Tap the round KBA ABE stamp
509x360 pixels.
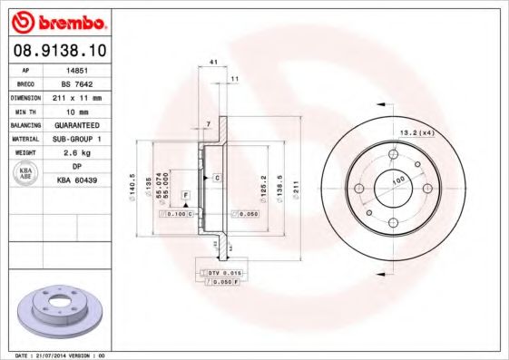pos(26,174)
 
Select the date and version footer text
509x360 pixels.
pos(56,355)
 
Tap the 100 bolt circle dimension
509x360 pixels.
pos(396,181)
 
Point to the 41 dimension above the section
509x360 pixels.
pos(214,62)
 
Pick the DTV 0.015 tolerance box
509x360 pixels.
pos(220,273)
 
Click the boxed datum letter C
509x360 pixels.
pos(219,178)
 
